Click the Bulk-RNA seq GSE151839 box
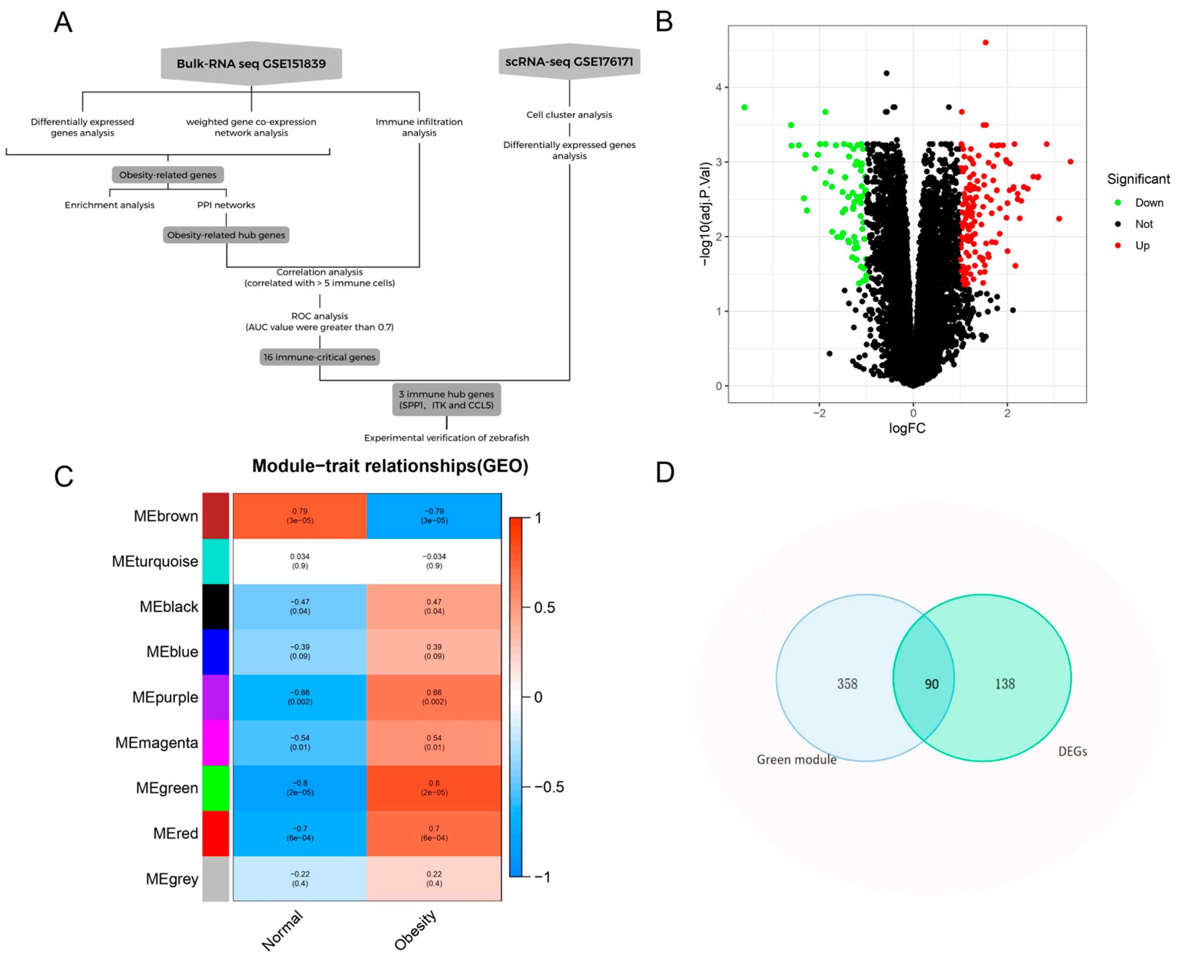[251, 64]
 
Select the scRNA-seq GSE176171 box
[569, 61]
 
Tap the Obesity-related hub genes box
[226, 235]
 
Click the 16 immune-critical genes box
[319, 357]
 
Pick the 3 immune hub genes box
[446, 399]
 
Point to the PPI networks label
[226, 205]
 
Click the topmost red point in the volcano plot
[985, 42]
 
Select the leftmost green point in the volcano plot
[744, 107]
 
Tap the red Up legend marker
[1118, 245]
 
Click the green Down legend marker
[1118, 203]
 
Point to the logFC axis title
[907, 428]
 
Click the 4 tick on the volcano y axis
[718, 87]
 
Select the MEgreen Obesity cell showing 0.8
[434, 787]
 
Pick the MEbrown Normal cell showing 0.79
[300, 515]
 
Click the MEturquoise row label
[155, 561]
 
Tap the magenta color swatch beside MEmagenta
[215, 742]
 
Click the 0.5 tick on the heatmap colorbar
[544, 608]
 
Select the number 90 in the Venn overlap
[931, 684]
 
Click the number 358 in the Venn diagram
[847, 684]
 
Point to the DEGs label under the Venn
[1072, 752]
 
